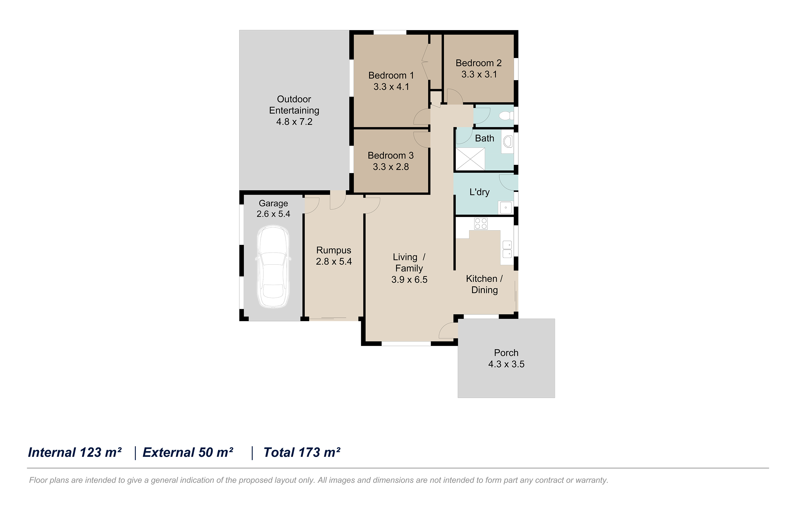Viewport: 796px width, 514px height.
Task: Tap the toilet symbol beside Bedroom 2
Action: coord(506,116)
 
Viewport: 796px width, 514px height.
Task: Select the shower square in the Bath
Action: coord(470,159)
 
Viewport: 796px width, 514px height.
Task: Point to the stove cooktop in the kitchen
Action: coord(481,224)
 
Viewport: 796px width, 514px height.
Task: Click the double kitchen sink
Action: coord(507,249)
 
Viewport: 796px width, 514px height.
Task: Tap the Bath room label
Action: coord(484,138)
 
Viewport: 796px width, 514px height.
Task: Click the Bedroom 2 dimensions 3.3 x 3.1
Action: coord(479,74)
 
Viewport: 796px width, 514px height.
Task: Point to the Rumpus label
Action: coord(333,250)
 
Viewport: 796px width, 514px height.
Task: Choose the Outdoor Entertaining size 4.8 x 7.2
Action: coord(294,122)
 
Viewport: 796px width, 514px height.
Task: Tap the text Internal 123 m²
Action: coord(75,452)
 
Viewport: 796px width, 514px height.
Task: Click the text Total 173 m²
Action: coord(302,452)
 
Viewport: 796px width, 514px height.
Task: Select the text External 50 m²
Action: coord(188,452)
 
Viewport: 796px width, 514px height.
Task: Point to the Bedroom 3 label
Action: coord(390,155)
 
